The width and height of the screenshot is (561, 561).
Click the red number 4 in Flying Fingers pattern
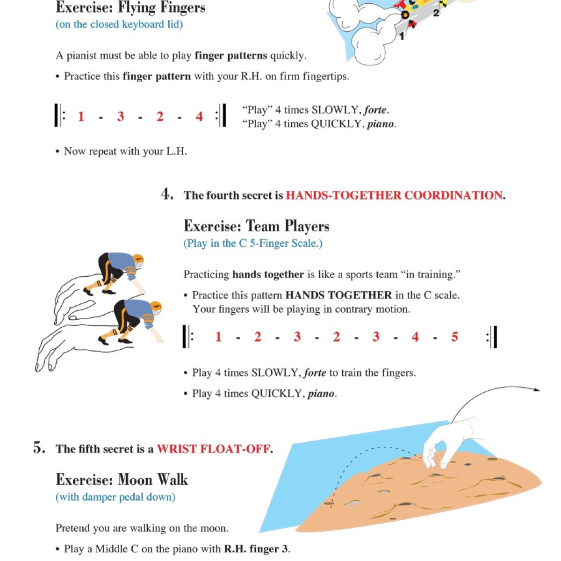pyautogui.click(x=200, y=116)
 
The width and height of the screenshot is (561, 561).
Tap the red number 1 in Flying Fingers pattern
pyautogui.click(x=81, y=116)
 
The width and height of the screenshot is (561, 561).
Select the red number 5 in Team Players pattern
pyautogui.click(x=454, y=337)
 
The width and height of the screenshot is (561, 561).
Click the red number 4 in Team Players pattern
pyautogui.click(x=415, y=337)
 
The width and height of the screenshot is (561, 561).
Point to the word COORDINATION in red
pyautogui.click(x=453, y=195)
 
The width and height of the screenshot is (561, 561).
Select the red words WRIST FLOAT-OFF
pyautogui.click(x=214, y=449)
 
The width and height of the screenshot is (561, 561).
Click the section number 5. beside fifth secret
pyautogui.click(x=39, y=448)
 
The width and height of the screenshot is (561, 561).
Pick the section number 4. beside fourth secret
pyautogui.click(x=167, y=194)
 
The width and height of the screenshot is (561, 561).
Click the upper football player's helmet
pyautogui.click(x=138, y=260)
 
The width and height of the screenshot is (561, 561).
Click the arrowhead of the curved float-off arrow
pyautogui.click(x=538, y=389)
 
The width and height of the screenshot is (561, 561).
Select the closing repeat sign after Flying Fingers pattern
pyautogui.click(x=221, y=116)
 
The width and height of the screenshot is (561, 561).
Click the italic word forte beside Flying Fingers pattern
pyautogui.click(x=375, y=110)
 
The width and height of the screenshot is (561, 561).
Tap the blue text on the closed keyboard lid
pyautogui.click(x=119, y=24)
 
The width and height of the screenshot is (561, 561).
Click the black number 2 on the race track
pyautogui.click(x=436, y=13)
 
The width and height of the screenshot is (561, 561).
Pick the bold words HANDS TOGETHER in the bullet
pyautogui.click(x=338, y=295)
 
